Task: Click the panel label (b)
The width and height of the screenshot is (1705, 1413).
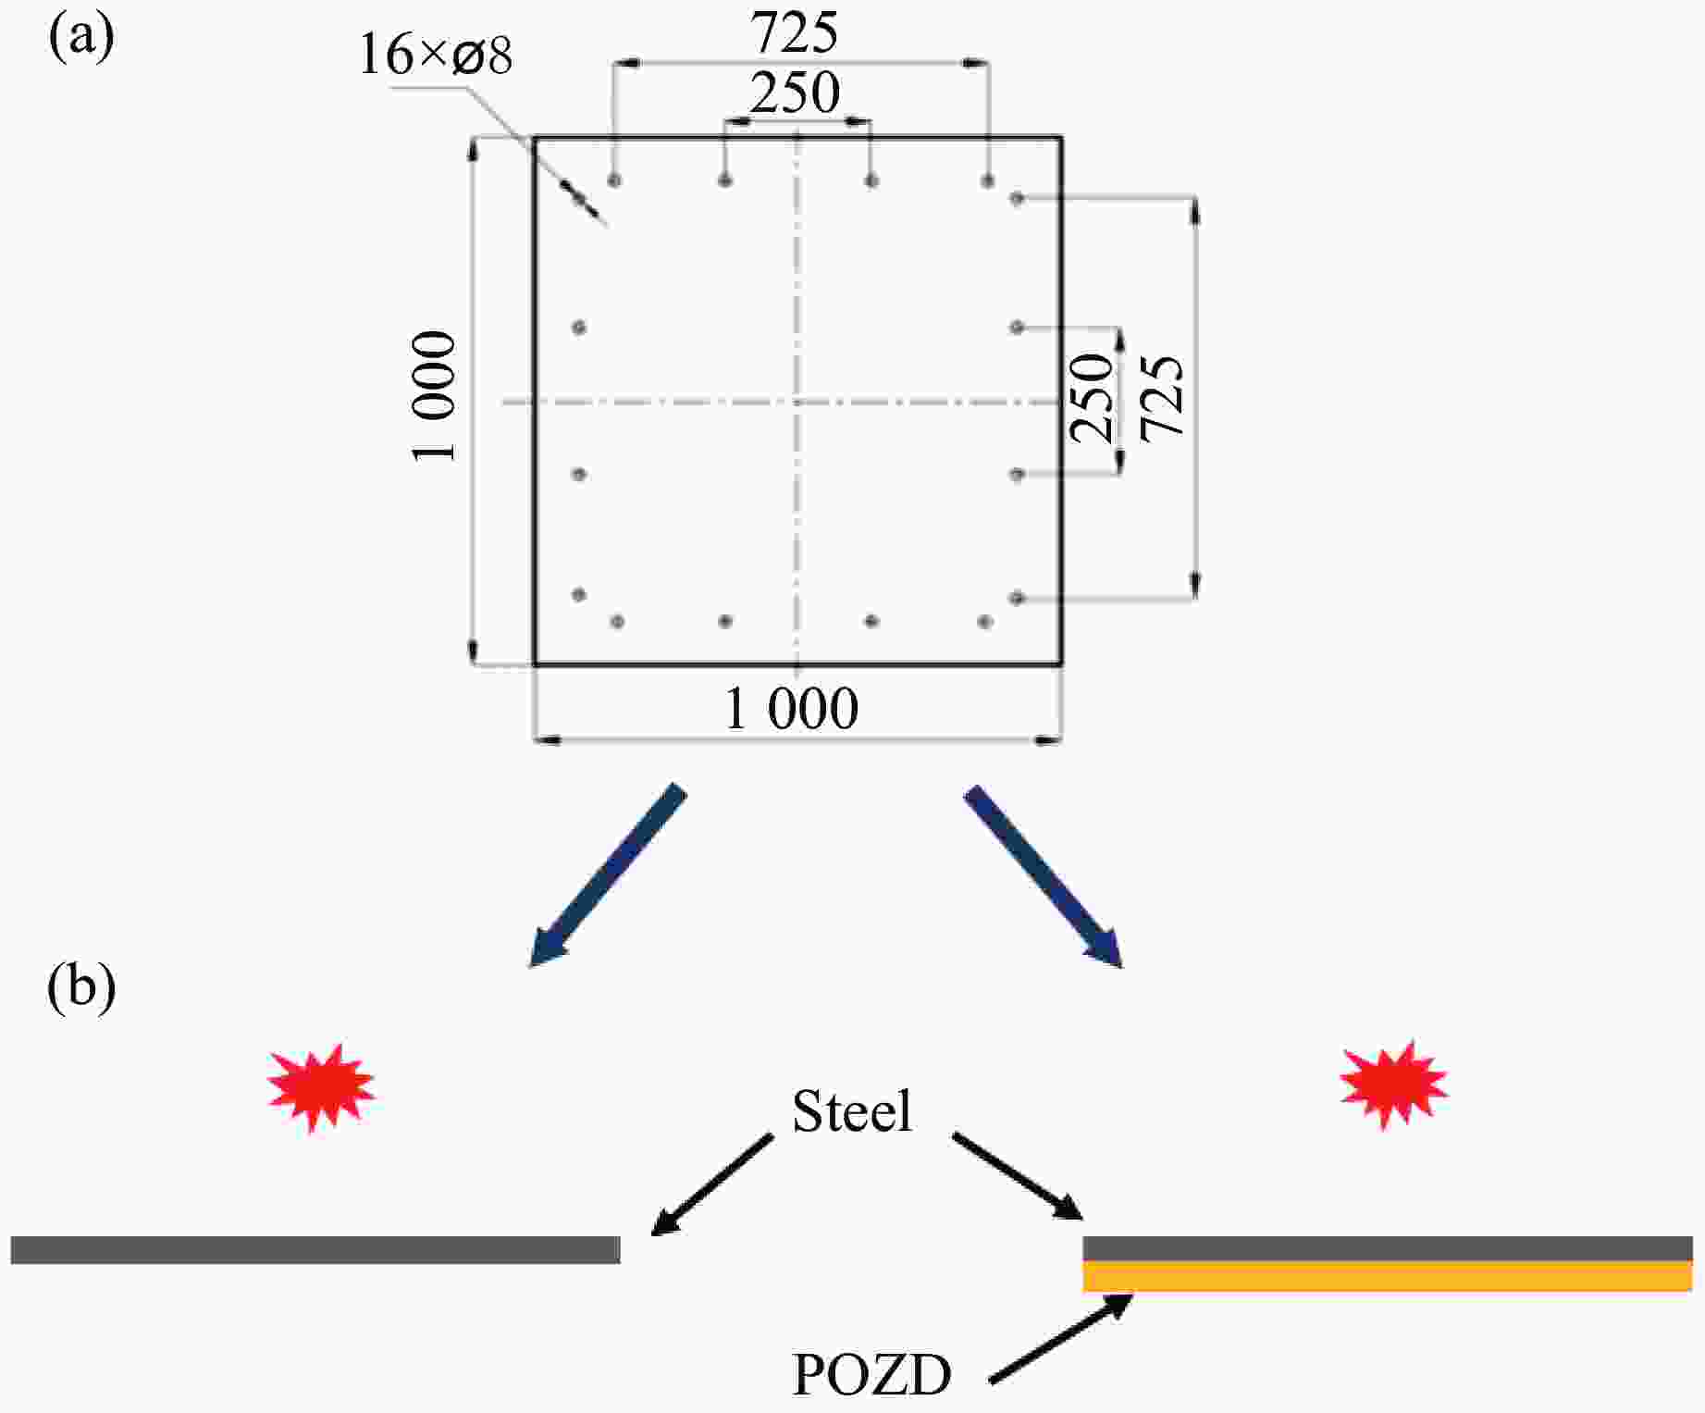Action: (81, 987)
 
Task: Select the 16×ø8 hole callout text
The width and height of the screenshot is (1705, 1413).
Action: (435, 56)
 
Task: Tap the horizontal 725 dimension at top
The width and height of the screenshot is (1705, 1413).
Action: (794, 33)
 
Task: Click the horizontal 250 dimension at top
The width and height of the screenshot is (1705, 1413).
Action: (794, 93)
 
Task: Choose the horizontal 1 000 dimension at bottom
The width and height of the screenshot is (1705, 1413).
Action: (791, 711)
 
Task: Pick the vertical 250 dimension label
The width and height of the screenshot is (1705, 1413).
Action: (1092, 398)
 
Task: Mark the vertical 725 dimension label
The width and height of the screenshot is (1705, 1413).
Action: (1162, 398)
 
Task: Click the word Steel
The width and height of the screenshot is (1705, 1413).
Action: (852, 1110)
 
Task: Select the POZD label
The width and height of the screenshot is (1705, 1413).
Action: (871, 1375)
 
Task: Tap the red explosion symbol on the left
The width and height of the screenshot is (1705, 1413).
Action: (320, 1086)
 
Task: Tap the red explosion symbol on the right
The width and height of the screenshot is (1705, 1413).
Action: (1393, 1085)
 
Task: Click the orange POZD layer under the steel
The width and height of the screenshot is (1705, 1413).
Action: (1388, 1277)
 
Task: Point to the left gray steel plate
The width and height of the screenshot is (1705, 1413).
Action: (315, 1250)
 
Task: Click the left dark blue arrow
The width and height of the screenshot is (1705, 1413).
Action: (607, 875)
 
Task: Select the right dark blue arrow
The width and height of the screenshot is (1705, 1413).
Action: (1044, 875)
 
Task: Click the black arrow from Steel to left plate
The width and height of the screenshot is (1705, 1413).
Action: (712, 1184)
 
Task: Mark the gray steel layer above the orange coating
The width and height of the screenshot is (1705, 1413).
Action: (1388, 1248)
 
